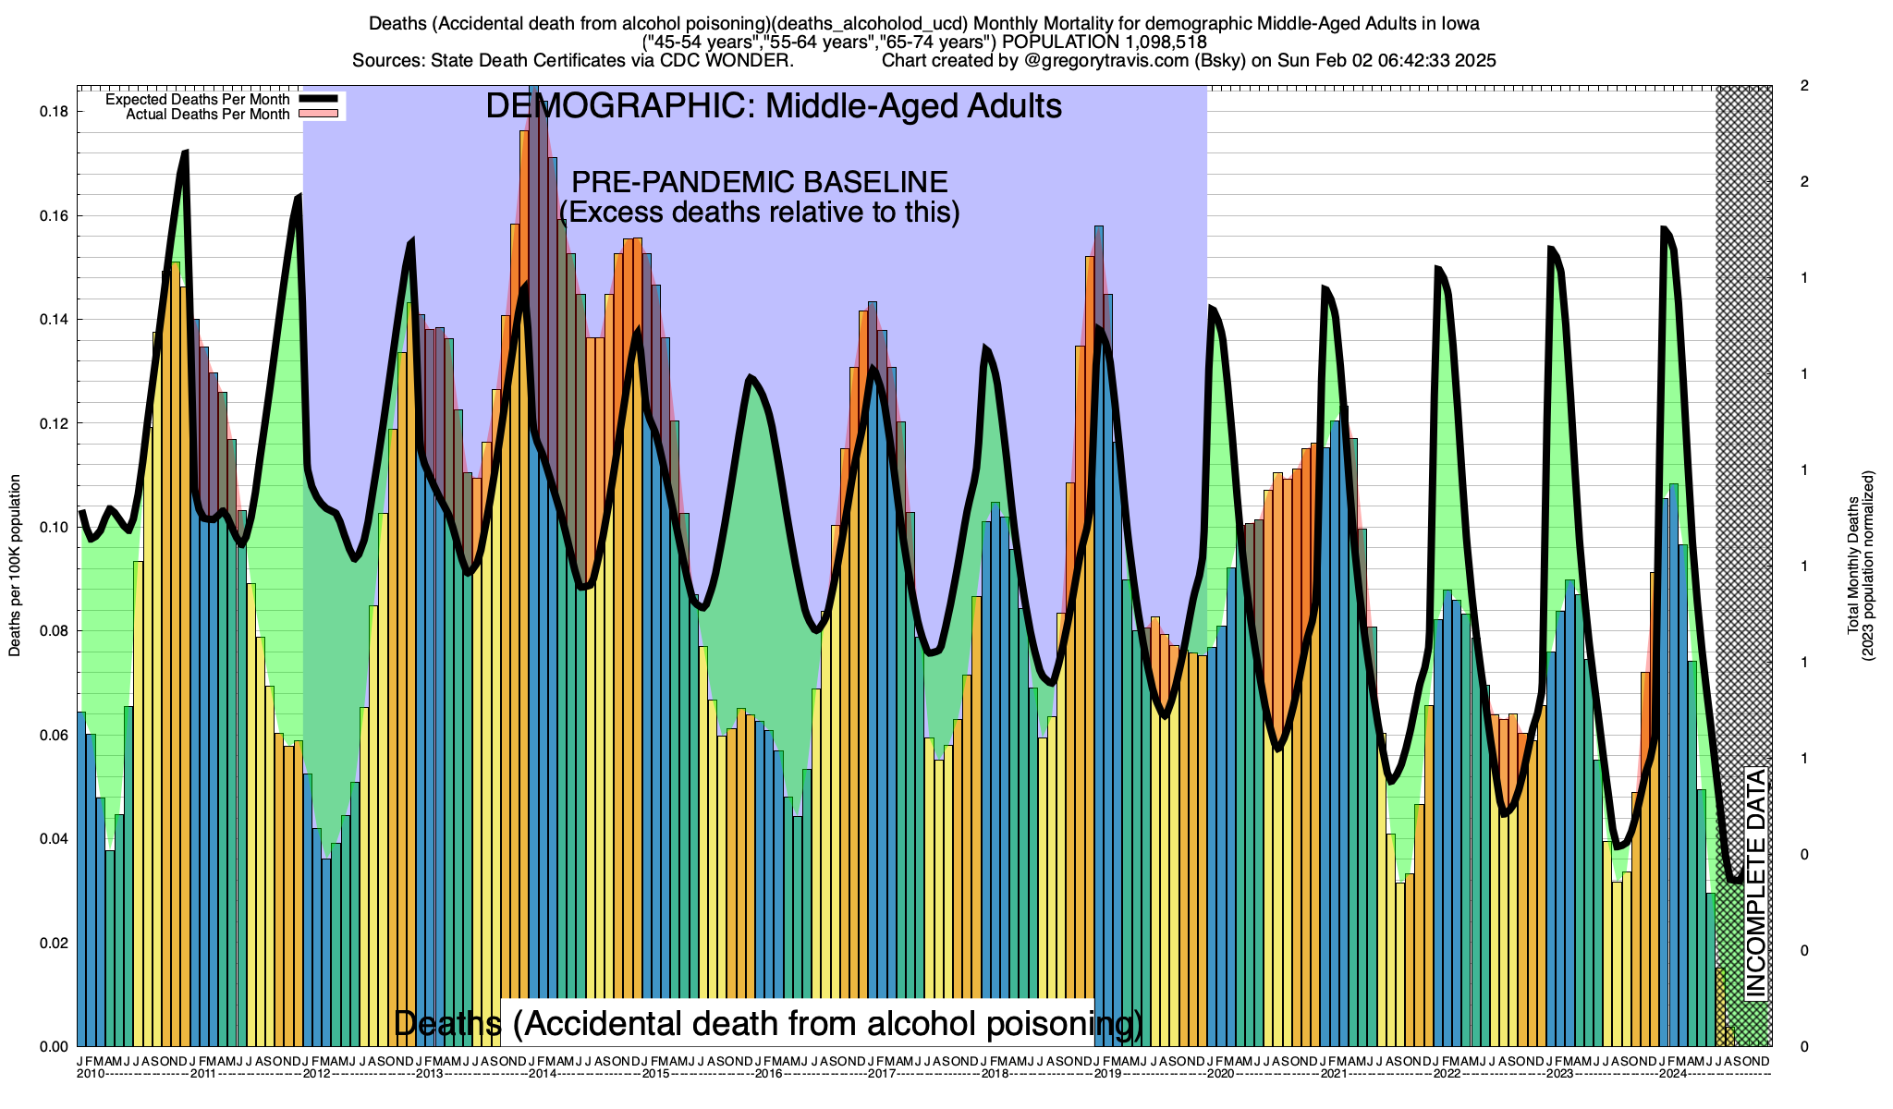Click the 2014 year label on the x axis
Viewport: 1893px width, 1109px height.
(543, 1074)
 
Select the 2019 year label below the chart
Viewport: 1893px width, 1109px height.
(1107, 1074)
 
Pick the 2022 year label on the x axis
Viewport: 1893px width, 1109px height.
(1447, 1074)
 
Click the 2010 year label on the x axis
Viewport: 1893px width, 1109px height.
(91, 1074)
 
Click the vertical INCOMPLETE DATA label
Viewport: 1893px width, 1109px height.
(1755, 884)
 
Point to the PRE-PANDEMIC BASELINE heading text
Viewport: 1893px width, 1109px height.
(760, 182)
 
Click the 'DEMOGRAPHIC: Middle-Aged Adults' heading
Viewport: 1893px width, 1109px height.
(774, 106)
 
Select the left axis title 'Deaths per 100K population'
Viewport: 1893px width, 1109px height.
(15, 566)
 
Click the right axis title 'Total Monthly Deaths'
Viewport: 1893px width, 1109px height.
(1852, 566)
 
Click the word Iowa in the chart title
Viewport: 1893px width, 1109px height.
(1460, 23)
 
